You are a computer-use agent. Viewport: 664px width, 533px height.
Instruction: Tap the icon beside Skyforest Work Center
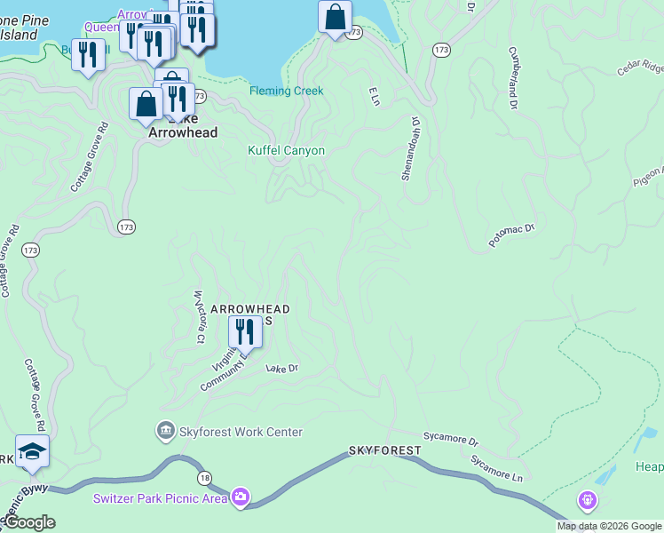coord(164,432)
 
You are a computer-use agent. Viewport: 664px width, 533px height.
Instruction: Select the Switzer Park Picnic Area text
coord(160,497)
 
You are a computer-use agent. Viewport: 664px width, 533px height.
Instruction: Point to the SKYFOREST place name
coord(384,451)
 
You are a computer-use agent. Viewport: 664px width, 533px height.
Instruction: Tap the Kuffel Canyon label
coord(286,151)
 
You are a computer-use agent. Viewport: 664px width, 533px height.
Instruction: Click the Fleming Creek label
coord(286,91)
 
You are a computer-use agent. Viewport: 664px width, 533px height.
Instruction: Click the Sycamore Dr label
coord(451,440)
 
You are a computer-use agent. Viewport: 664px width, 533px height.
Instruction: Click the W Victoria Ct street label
coord(199,316)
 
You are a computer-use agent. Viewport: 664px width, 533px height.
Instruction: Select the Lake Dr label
coord(282,368)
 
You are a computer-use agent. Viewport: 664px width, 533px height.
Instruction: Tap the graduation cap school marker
coord(33,451)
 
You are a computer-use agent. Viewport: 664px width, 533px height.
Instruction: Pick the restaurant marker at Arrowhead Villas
coord(243,331)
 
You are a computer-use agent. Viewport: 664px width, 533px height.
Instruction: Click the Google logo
coord(29,522)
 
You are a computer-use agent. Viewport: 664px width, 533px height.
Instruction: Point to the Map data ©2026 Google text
coord(609,526)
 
